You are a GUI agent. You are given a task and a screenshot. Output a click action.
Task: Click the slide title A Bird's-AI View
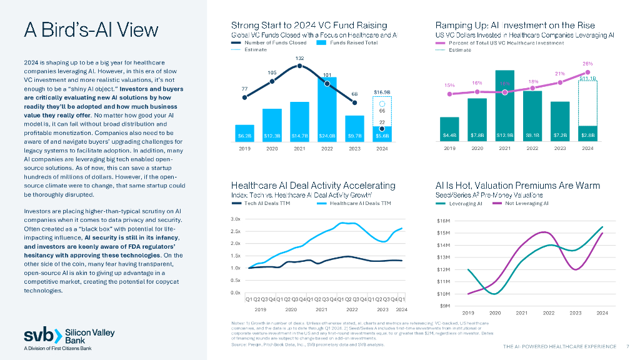tap(91, 30)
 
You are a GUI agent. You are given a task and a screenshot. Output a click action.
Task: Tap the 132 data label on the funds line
tap(300, 57)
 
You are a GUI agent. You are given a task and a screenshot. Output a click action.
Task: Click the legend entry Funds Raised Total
tap(353, 42)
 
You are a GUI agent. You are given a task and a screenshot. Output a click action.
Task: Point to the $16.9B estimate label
tap(382, 92)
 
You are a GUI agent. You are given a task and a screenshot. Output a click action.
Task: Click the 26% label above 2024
tap(587, 64)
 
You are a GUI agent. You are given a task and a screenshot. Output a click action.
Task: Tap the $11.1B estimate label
tap(587, 78)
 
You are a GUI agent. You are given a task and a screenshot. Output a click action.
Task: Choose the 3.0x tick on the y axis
tap(236, 219)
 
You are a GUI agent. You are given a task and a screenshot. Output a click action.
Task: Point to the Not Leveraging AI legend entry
tap(526, 203)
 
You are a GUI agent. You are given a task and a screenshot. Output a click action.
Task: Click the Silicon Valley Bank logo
tap(69, 336)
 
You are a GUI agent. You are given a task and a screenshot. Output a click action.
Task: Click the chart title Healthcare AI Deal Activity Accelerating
tap(313, 186)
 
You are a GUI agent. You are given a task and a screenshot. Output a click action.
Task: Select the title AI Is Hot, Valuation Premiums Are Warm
tap(517, 186)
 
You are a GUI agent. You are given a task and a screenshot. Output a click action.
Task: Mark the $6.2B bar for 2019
tap(244, 134)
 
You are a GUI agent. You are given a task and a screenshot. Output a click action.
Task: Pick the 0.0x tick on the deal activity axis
tap(236, 292)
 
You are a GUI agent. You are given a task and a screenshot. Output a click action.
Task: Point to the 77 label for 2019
tap(244, 89)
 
